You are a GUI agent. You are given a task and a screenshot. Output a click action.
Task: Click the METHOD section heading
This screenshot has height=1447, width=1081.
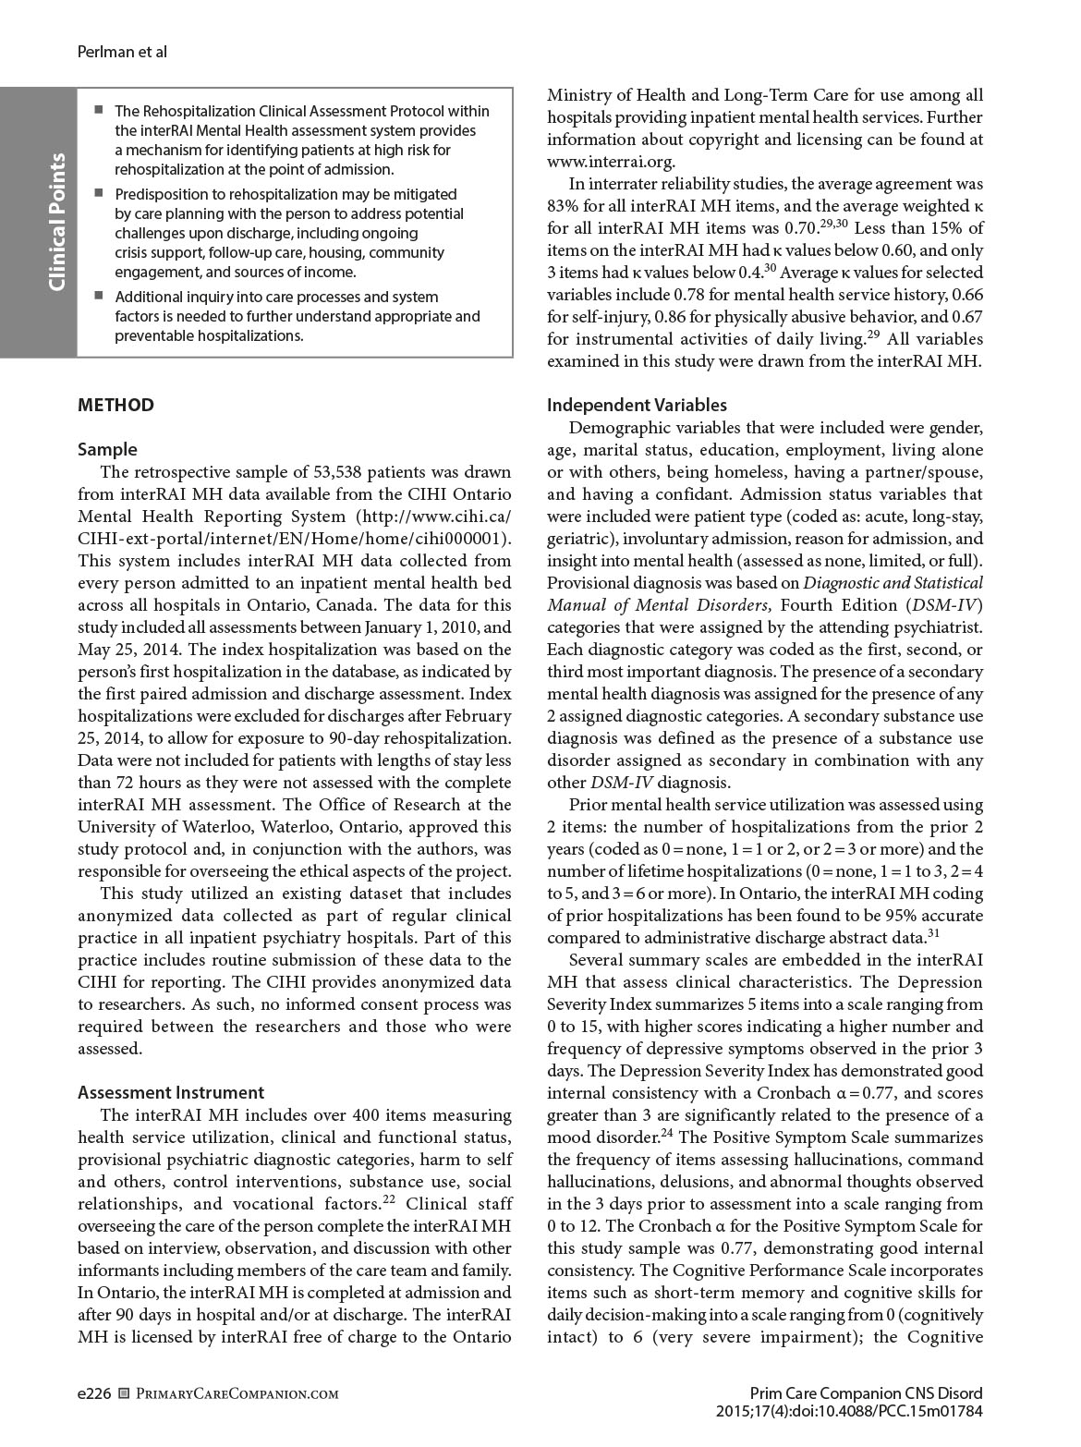[x=115, y=406]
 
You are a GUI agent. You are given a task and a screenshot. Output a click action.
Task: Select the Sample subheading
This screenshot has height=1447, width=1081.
[x=107, y=450]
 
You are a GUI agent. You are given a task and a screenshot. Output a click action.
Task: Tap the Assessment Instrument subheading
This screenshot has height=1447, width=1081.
[x=171, y=1092]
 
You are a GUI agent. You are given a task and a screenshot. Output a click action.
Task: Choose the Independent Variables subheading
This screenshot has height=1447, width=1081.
[x=637, y=406]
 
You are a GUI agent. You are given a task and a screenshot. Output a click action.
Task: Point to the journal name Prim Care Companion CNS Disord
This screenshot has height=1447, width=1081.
[x=866, y=1393]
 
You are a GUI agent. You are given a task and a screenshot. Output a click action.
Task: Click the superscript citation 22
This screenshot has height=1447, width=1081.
[x=391, y=1199]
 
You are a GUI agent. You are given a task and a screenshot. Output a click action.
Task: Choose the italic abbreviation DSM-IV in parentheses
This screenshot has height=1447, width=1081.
[x=952, y=605]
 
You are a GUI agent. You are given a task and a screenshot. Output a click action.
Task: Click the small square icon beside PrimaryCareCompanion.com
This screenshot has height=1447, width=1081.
[x=125, y=1393]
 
